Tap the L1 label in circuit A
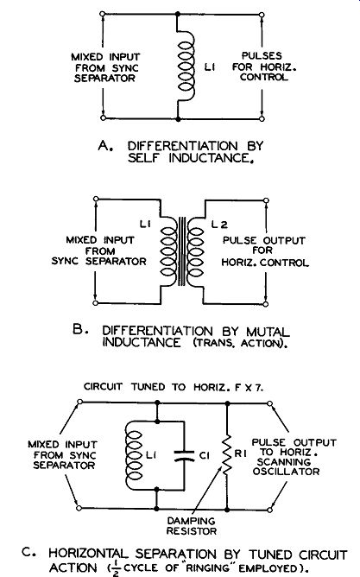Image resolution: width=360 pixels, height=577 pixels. [210, 67]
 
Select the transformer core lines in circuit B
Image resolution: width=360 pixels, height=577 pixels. [182, 251]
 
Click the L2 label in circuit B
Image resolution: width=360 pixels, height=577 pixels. [219, 225]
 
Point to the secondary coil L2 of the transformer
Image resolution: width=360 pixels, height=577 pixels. [195, 251]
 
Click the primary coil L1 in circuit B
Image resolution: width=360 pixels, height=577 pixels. [168, 251]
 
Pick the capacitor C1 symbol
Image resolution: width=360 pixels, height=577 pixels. [184, 455]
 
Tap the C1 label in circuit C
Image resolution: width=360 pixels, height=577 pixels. [205, 455]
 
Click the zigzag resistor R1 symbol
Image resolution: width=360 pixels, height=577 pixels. [227, 455]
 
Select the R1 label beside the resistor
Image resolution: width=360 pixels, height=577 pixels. [241, 453]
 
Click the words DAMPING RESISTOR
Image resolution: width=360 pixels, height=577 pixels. [191, 526]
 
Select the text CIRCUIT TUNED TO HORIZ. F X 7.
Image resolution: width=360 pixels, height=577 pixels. [174, 387]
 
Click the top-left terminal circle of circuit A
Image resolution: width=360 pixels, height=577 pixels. [103, 14]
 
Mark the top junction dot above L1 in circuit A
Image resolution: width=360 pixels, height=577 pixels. [178, 14]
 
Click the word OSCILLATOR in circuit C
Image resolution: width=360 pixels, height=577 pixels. [286, 472]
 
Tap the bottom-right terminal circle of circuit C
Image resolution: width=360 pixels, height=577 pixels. [270, 510]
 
